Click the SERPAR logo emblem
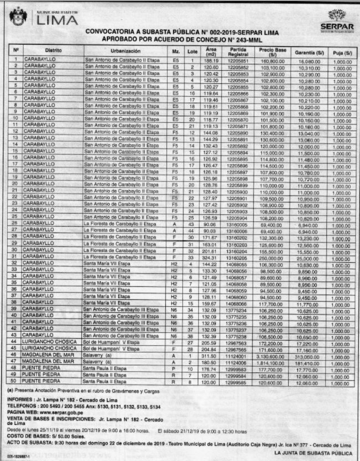[337, 16]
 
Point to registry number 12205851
[238, 59]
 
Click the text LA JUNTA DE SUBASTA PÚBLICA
[313, 453]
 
